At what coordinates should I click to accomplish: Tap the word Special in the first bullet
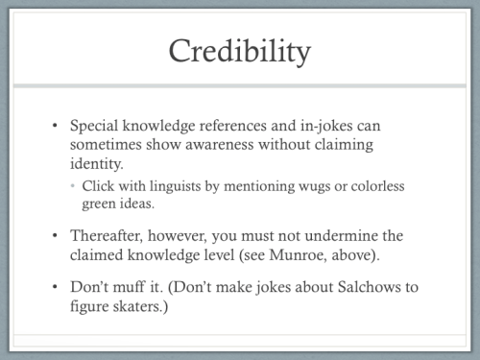point(97,127)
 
